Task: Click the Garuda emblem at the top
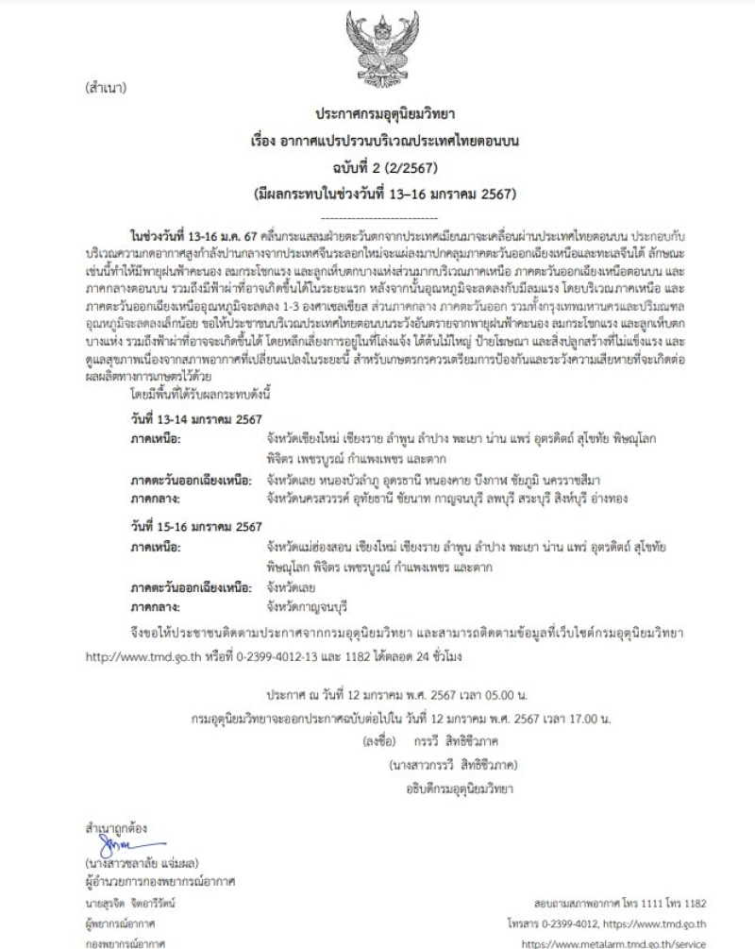[379, 43]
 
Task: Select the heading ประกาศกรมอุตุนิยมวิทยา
[379, 117]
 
